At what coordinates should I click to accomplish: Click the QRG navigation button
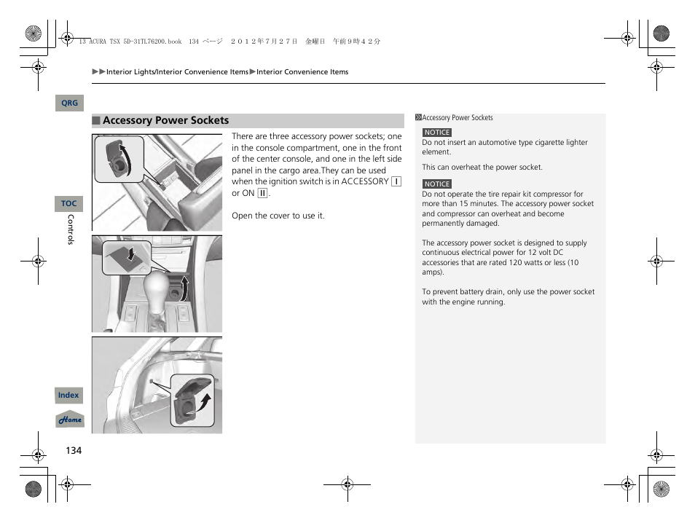click(x=69, y=103)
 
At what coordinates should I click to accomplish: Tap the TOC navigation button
click(x=68, y=204)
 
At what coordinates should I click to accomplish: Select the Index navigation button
click(x=68, y=396)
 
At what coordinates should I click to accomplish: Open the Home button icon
click(x=70, y=420)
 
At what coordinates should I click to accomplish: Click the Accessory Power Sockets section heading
click(x=165, y=121)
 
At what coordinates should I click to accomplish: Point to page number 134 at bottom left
click(x=74, y=450)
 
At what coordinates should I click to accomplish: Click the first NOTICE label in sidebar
click(x=437, y=133)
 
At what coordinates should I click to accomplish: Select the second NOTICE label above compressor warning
click(x=437, y=184)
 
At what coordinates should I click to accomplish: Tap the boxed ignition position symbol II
click(x=263, y=193)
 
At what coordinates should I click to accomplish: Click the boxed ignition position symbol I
click(x=396, y=181)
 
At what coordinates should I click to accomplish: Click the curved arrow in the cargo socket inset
click(x=206, y=400)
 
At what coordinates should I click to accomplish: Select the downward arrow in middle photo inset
click(x=130, y=253)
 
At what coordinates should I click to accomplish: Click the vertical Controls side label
click(x=71, y=229)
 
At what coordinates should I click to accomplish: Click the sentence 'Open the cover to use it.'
click(x=278, y=216)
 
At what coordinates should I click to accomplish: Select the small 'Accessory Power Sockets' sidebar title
click(x=458, y=118)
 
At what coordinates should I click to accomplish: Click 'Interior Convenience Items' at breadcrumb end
click(x=302, y=72)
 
